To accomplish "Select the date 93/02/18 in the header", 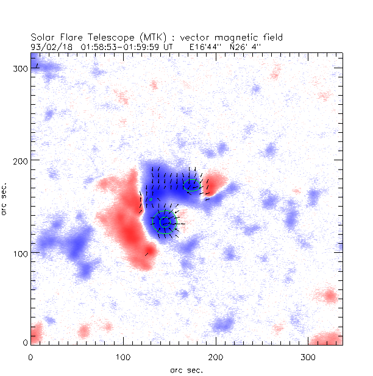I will click(46, 46).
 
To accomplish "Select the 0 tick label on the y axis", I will click(24, 344).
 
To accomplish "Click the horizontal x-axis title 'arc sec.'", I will click(186, 370).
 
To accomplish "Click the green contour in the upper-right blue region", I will click(191, 185).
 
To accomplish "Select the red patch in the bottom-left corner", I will click(35, 334).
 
